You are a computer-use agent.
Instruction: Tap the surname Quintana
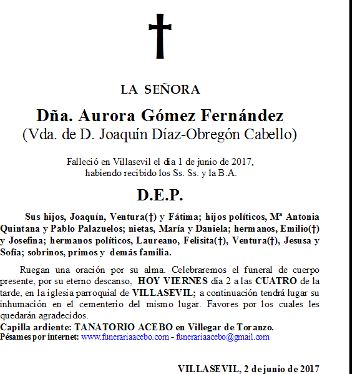tap(21, 229)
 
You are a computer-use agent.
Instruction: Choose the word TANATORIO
tap(104, 327)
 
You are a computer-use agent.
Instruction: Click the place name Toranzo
tap(255, 327)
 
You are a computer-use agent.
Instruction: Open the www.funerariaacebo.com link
tap(125, 337)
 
